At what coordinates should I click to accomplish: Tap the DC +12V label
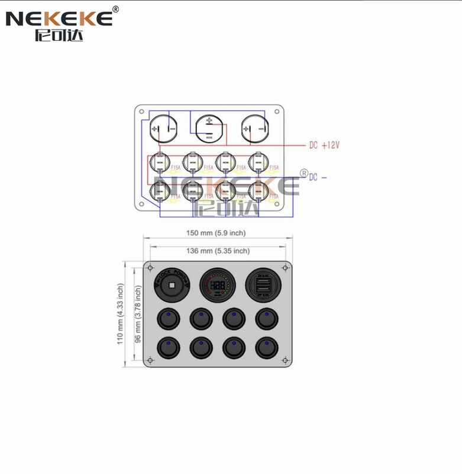tap(324, 145)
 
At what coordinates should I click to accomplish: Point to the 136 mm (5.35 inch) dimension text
tap(218, 251)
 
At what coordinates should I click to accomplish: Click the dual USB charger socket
tap(263, 286)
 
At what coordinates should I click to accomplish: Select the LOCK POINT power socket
tap(171, 286)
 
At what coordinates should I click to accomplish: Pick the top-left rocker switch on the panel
tap(169, 319)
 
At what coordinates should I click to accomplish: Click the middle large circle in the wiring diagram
tap(209, 128)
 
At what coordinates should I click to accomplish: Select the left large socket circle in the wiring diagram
tap(163, 128)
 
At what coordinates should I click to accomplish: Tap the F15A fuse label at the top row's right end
tap(273, 168)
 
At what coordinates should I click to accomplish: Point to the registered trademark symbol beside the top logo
tap(115, 9)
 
